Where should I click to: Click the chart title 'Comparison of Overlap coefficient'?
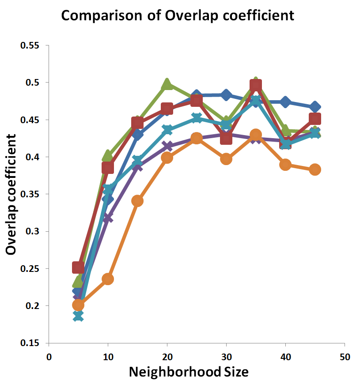[177, 16]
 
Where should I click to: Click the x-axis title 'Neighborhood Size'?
[189, 372]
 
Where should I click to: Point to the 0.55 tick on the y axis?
[30, 45]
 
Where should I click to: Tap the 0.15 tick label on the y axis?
[30, 343]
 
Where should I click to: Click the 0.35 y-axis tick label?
[30, 194]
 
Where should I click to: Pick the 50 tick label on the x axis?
[345, 356]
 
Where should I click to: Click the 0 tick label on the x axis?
[49, 356]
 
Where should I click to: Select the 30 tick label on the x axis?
[226, 356]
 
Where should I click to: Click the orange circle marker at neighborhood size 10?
[108, 279]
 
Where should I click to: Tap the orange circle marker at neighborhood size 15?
[137, 201]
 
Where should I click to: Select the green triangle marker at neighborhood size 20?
[167, 84]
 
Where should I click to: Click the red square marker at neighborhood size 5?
[78, 267]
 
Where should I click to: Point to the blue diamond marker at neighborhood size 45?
[315, 107]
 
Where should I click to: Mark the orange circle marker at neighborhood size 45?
[315, 170]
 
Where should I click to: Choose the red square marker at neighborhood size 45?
[315, 119]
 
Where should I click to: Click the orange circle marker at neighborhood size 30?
[226, 159]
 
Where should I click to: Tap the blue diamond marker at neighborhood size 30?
[226, 94]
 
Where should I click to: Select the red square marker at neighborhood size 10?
[108, 168]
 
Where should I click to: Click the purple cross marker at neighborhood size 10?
[107, 218]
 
